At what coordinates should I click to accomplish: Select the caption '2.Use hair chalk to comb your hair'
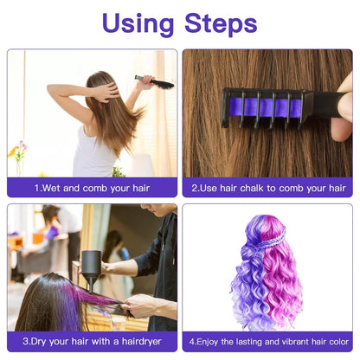click(x=267, y=187)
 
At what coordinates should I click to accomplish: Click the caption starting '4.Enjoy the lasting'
click(x=267, y=342)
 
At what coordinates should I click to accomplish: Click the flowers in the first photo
click(x=18, y=151)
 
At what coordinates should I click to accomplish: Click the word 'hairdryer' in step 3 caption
click(x=145, y=342)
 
